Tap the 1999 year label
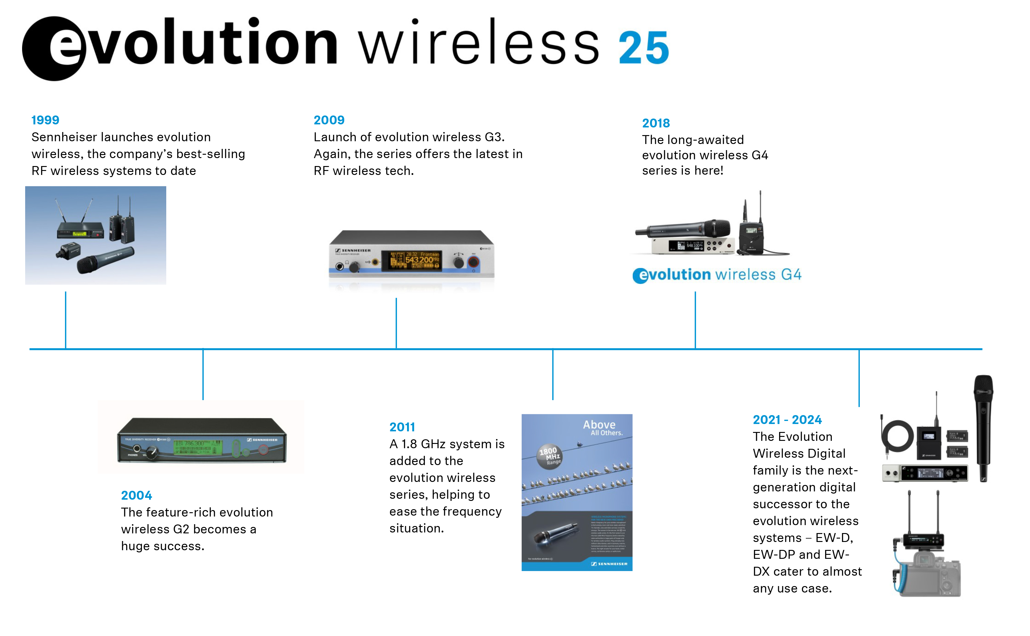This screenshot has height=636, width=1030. pos(45,120)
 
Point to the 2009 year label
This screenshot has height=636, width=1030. pos(329,120)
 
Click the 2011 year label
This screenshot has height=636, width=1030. pos(402,427)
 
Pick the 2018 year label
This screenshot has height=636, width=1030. pos(656,123)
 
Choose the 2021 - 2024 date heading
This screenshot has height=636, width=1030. pos(787,420)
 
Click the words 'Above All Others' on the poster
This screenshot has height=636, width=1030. pos(602,427)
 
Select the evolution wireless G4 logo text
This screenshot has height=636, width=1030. pos(717,275)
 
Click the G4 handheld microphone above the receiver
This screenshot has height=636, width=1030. pos(684,229)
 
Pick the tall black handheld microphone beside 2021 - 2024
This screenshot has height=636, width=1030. pos(983,427)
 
